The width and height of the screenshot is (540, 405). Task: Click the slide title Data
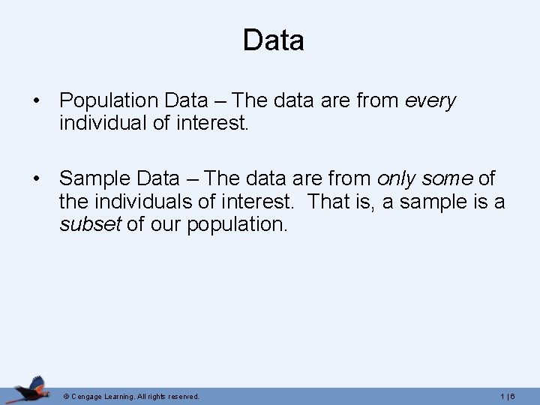pyautogui.click(x=273, y=40)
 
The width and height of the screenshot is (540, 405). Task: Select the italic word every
pyautogui.click(x=430, y=100)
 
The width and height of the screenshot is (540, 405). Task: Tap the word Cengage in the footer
pyautogui.click(x=88, y=396)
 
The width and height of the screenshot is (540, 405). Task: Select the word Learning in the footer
pyautogui.click(x=123, y=396)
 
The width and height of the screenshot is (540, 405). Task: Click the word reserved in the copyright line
pyautogui.click(x=184, y=396)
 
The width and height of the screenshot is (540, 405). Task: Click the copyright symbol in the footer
pyautogui.click(x=66, y=396)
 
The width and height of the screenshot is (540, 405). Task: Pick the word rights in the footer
pyautogui.click(x=157, y=396)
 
